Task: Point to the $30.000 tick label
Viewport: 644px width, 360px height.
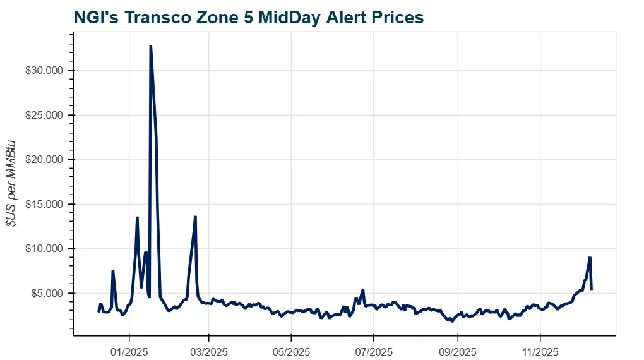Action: pos(45,71)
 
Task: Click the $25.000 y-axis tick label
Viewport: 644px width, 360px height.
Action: pos(45,115)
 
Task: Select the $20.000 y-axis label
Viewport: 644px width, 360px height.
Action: pos(45,160)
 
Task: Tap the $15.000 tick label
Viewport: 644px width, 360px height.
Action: pos(45,204)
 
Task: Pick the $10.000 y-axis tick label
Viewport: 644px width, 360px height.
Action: pos(45,249)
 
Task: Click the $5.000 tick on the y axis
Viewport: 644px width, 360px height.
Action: pos(47,293)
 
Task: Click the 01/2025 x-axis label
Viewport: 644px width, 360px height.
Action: pos(129,349)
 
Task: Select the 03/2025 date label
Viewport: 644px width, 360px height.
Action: pos(208,349)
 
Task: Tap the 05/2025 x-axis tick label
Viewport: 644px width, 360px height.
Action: pos(290,349)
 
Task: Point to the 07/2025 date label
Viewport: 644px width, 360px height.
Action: pos(373,349)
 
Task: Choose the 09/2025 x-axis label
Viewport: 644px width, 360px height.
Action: pos(457,349)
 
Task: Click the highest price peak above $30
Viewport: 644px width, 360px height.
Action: pos(150,46)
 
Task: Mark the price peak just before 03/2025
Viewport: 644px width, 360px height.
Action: pos(196,217)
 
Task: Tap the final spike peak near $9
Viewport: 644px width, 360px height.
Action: pos(590,257)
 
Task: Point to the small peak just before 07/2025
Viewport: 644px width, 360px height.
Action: pos(362,290)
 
